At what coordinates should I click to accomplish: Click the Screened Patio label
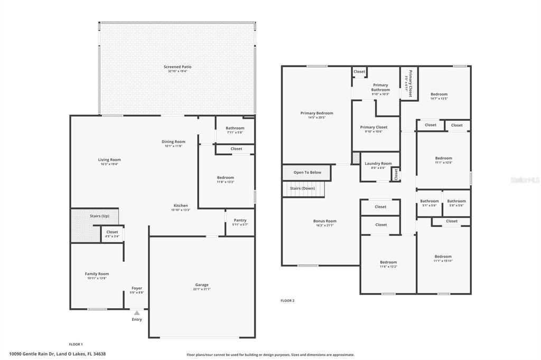coord(178,67)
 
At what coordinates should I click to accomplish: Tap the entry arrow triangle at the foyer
coord(137,313)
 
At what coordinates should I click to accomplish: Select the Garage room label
coord(202,285)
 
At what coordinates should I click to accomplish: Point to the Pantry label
coord(240,220)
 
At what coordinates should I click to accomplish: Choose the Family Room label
coord(97,274)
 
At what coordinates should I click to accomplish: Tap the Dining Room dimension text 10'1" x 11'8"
coord(173,146)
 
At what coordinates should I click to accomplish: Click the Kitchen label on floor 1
coord(181,205)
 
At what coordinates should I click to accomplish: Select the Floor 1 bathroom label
coord(235,128)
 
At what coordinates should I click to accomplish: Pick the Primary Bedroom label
coord(316,113)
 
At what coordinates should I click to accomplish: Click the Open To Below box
coord(307,173)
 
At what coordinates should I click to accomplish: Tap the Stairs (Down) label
coord(302,188)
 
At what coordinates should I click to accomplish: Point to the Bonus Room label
coord(324,221)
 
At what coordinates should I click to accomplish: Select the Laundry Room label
coord(378,164)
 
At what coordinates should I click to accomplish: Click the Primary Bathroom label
coord(380,87)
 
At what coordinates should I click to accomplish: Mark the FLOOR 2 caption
coord(287,301)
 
